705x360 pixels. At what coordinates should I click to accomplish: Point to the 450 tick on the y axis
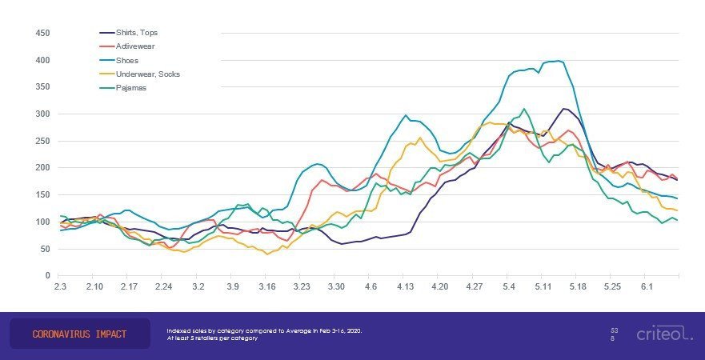43,33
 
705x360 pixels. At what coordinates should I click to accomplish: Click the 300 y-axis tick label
43,114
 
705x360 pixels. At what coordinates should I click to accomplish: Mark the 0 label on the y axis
48,275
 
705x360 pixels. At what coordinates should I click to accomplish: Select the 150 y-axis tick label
43,194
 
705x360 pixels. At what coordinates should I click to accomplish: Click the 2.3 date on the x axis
60,286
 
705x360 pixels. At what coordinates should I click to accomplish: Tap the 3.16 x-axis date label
267,286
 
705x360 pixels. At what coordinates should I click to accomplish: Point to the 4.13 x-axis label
405,286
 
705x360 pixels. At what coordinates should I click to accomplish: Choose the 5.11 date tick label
543,286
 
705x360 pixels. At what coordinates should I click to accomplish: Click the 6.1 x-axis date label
647,286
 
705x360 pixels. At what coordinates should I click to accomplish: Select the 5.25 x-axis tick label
612,286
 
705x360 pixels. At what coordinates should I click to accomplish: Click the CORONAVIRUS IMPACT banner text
79,334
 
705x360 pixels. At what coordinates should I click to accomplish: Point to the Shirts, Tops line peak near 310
564,108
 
